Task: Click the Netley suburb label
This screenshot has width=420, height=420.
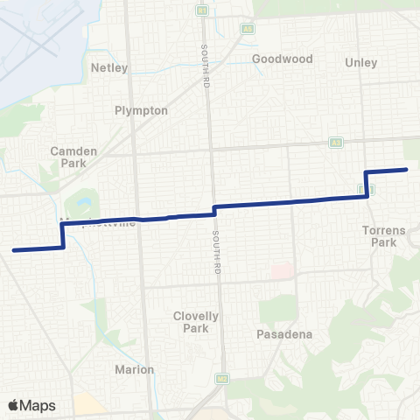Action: click(x=109, y=67)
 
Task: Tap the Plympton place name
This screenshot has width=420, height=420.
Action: click(x=134, y=111)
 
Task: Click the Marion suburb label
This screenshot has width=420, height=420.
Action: click(x=135, y=369)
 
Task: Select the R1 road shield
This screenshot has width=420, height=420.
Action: click(x=202, y=10)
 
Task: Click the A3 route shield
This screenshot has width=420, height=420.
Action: click(x=335, y=142)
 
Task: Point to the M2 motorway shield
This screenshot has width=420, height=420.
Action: click(x=222, y=379)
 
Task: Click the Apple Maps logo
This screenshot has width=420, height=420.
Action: click(x=31, y=405)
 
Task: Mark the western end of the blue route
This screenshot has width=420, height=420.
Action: click(x=14, y=250)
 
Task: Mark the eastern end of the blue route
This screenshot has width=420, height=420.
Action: click(x=406, y=169)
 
